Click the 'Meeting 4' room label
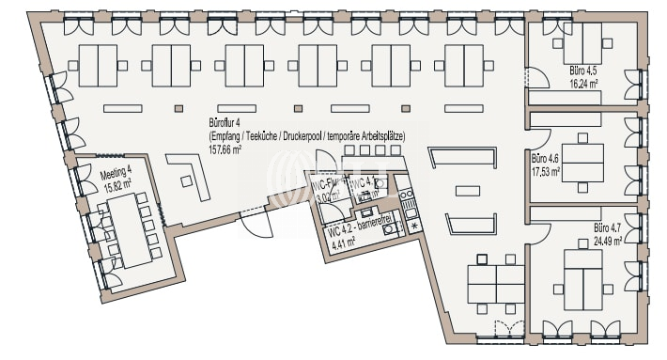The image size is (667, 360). pyautogui.click(x=116, y=173)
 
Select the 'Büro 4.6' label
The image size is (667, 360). pyautogui.click(x=546, y=159)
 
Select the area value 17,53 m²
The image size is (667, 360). pyautogui.click(x=546, y=171)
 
